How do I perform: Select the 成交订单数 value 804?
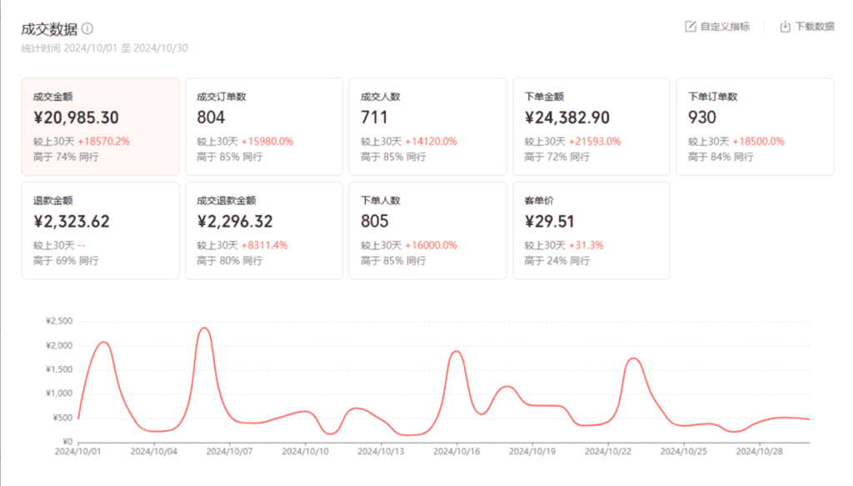point(211,118)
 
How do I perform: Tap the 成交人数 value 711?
point(373,118)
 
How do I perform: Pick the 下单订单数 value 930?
point(702,118)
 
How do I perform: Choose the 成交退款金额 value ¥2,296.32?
point(235,222)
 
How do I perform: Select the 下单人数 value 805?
point(375,222)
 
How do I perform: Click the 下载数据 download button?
point(807,27)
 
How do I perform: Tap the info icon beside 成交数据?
point(87,28)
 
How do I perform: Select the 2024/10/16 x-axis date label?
point(456,452)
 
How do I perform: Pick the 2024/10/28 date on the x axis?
point(760,452)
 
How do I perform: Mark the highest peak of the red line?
point(204,328)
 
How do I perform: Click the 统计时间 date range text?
point(105,48)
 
